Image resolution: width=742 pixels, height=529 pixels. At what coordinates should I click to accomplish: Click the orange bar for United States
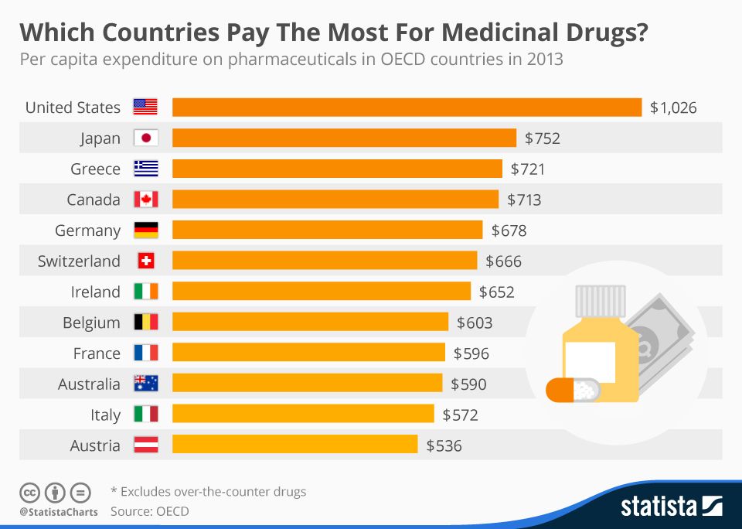[407, 108]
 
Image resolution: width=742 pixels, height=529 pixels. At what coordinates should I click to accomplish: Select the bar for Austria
[294, 445]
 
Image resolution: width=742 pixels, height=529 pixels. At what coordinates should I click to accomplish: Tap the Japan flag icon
[145, 138]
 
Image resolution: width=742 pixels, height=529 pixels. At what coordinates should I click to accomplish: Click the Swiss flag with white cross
[145, 261]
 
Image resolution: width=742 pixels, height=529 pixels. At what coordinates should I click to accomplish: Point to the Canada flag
[145, 200]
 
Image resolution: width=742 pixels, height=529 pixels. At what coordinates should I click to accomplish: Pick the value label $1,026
[673, 108]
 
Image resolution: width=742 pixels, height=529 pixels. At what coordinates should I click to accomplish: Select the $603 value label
[475, 323]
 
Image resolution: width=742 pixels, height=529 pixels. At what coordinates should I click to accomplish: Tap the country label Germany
[87, 230]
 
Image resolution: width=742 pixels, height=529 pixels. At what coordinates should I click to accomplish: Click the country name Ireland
[96, 292]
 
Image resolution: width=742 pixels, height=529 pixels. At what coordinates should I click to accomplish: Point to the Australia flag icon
[145, 384]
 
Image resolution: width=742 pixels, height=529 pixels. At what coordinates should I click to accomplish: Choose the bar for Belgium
[310, 323]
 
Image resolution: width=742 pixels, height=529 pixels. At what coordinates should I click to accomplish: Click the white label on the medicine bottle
[591, 360]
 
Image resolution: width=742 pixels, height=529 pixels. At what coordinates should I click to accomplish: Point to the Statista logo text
[659, 507]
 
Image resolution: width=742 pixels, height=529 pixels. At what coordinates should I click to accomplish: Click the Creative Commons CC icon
[29, 492]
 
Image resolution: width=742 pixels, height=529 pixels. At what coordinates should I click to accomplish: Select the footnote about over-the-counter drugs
[209, 491]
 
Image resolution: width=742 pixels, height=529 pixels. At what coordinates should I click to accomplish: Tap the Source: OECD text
[149, 511]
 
